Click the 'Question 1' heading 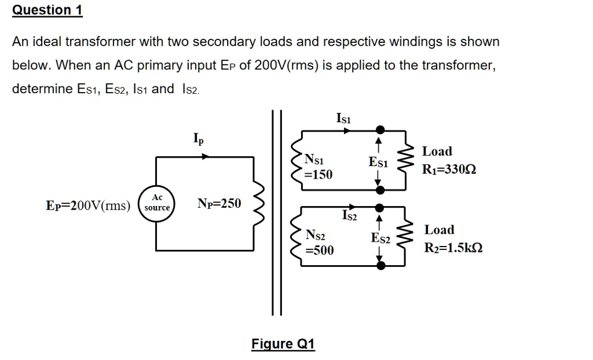pyautogui.click(x=47, y=10)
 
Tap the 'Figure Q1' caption pyautogui.click(x=283, y=344)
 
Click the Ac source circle pyautogui.click(x=157, y=204)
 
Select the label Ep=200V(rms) pyautogui.click(x=89, y=205)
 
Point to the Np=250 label pyautogui.click(x=219, y=203)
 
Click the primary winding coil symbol pyautogui.click(x=259, y=204)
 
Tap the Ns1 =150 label pyautogui.click(x=319, y=166)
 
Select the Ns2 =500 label pyautogui.click(x=319, y=243)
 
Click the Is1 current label pyautogui.click(x=343, y=118)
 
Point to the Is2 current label pyautogui.click(x=350, y=216)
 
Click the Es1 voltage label pyautogui.click(x=378, y=163)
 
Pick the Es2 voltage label pyautogui.click(x=380, y=238)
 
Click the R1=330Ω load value pyautogui.click(x=449, y=170)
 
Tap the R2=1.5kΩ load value pyautogui.click(x=453, y=248)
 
